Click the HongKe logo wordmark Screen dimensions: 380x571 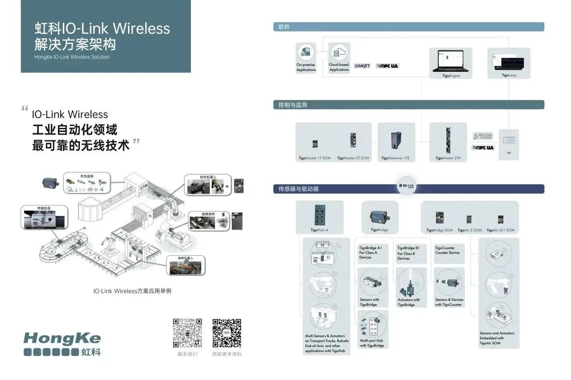coord(62,339)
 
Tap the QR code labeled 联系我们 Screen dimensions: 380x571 coord(187,333)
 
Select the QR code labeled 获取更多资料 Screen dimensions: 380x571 coord(227,333)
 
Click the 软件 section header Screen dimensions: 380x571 coord(284,27)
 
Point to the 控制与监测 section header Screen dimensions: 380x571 coord(293,105)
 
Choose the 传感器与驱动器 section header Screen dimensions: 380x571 coord(296,189)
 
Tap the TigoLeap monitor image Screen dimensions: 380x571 coord(509,61)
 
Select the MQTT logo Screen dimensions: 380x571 coord(362,66)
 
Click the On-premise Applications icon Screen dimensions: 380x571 coord(306,53)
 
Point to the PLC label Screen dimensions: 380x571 coord(509,153)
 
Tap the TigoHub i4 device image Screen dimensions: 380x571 coord(319,215)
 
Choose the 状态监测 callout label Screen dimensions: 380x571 coord(87,176)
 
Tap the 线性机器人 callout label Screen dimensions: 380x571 coord(183,258)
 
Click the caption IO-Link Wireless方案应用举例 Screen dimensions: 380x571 coord(132,291)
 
